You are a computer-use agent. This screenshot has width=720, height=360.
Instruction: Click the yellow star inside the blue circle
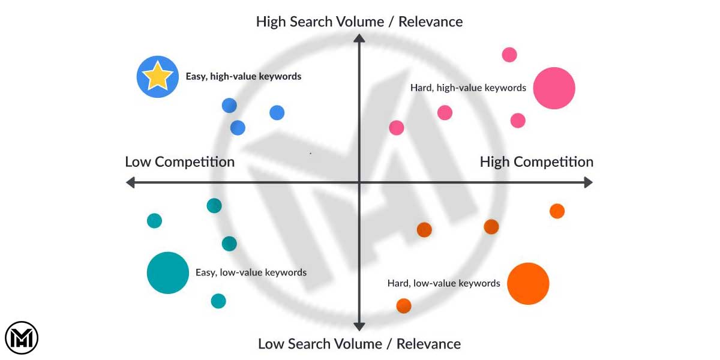point(157,76)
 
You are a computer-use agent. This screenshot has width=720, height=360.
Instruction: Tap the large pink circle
point(554,88)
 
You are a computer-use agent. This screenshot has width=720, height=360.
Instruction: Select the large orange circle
point(528,284)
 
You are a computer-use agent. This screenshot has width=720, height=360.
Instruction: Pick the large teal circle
point(168,272)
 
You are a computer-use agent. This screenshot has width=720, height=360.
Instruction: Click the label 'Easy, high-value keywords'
point(244,77)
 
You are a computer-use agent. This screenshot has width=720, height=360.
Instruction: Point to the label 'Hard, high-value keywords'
point(468,88)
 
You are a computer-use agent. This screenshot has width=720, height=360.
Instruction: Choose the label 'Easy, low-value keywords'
point(251,272)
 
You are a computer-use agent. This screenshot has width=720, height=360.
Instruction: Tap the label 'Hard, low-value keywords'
point(443,283)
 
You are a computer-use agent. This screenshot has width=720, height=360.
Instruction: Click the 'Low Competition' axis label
point(179,162)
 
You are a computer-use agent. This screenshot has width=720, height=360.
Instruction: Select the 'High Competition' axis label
point(536,162)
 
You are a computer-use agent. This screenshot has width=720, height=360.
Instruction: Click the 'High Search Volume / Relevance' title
point(359,22)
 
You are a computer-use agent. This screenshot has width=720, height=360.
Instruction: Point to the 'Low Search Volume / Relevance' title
point(359,344)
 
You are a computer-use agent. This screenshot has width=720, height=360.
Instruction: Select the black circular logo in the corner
point(22,338)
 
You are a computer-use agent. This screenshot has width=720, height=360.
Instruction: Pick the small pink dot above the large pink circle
point(509,55)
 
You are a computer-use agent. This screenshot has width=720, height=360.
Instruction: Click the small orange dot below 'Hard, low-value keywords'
point(404,306)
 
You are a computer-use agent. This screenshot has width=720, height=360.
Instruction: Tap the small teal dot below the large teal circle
point(218,301)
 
